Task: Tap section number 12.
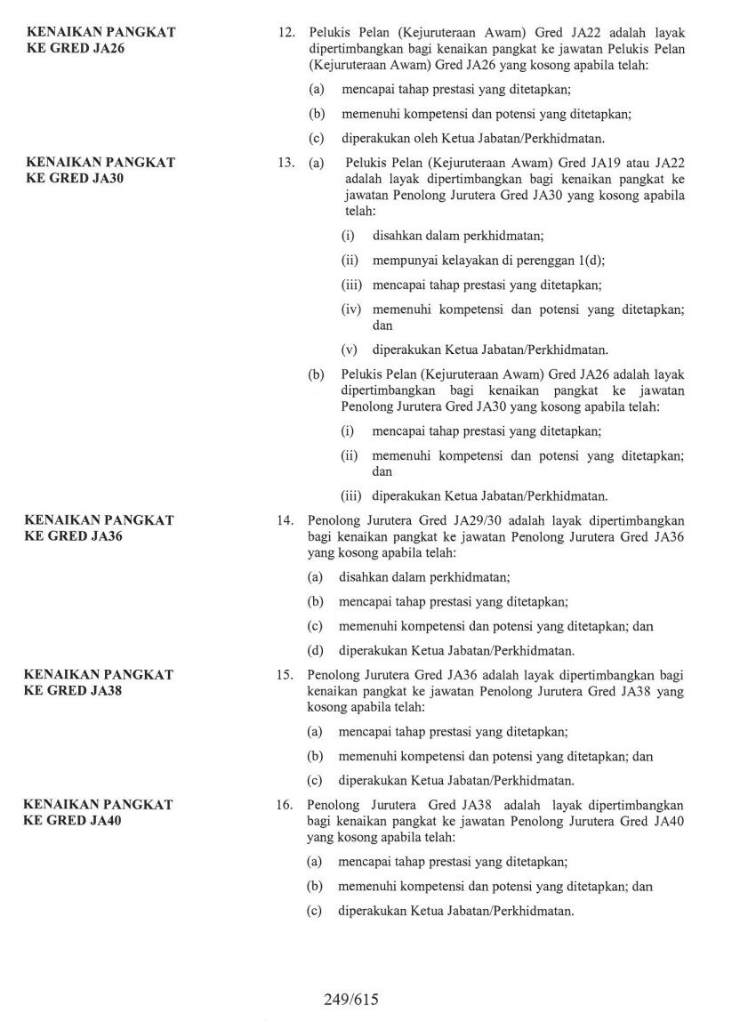286,32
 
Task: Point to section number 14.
286,520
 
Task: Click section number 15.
286,675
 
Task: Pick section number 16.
286,805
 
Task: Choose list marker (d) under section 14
316,649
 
